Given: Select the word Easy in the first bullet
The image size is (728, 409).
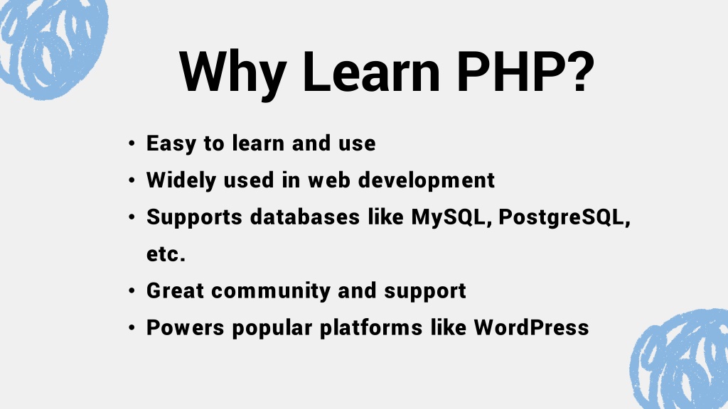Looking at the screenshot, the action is pyautogui.click(x=171, y=143).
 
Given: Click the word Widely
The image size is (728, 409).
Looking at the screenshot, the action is pyautogui.click(x=181, y=180).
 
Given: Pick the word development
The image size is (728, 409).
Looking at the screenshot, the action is pyautogui.click(x=427, y=180).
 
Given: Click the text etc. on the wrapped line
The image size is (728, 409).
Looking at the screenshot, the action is pyautogui.click(x=166, y=254).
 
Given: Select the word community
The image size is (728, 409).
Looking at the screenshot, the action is pyautogui.click(x=271, y=291).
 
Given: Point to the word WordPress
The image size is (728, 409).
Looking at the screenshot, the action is pyautogui.click(x=531, y=327).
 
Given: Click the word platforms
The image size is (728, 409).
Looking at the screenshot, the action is pyautogui.click(x=371, y=328).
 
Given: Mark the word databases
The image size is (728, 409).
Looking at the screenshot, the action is pyautogui.click(x=305, y=217).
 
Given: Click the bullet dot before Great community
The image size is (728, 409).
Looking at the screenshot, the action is pyautogui.click(x=132, y=290).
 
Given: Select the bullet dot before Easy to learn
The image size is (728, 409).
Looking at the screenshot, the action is pyautogui.click(x=132, y=143).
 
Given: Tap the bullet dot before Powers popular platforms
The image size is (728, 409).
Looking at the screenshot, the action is pyautogui.click(x=132, y=328).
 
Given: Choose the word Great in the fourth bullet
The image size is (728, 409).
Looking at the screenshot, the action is pyautogui.click(x=175, y=290).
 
